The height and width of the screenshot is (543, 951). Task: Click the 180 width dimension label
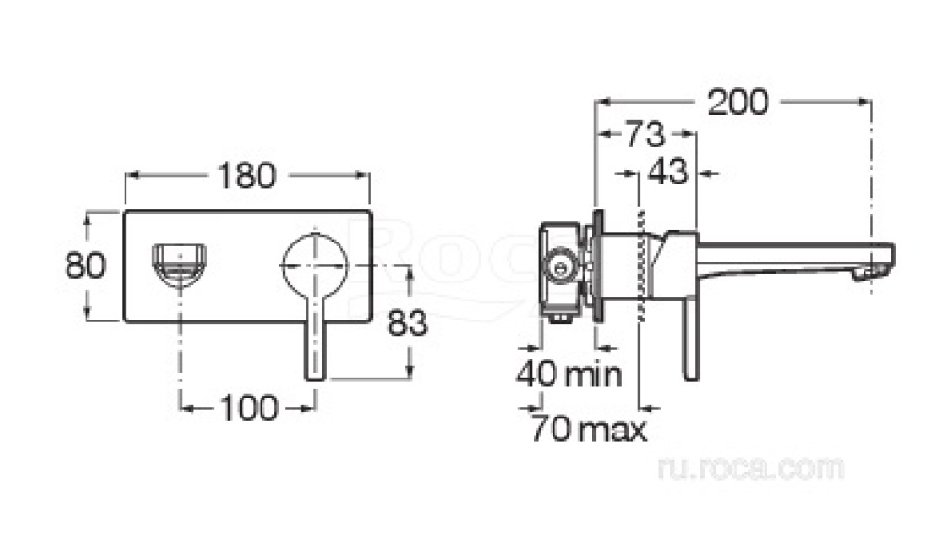pos(246,176)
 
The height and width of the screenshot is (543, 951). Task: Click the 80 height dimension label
pos(86,265)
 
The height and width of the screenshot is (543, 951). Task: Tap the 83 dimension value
pos(408,322)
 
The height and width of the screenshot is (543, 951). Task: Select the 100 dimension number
pos(249,408)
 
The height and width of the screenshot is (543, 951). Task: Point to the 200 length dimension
pos(738,102)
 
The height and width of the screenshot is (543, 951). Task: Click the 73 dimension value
pos(645,134)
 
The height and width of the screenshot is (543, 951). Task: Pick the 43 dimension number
pos(668,172)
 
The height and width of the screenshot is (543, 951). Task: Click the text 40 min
pos(569,375)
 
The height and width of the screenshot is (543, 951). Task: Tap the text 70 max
pos(589,429)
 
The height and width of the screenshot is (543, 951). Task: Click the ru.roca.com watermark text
pos(751,468)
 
